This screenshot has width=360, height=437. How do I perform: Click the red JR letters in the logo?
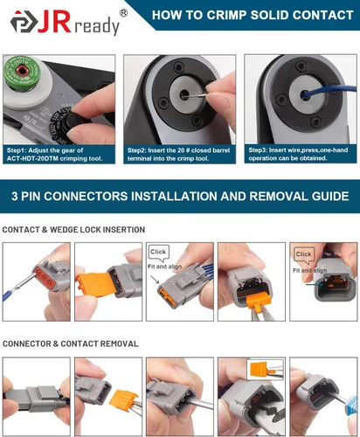point(54,22)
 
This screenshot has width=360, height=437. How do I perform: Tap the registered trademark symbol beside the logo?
point(123,13)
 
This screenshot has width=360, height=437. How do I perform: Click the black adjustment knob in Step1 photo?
point(75,121)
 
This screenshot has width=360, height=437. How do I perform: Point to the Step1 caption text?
point(54,155)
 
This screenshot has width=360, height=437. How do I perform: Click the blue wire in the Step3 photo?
point(329,90)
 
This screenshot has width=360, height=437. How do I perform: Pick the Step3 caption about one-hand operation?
point(298,154)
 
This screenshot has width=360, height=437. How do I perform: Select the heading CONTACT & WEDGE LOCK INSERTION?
point(73,230)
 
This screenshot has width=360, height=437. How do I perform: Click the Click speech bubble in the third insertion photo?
point(158,253)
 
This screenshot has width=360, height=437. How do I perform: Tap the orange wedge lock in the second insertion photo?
point(93,285)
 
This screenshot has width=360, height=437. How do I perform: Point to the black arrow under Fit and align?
point(155,280)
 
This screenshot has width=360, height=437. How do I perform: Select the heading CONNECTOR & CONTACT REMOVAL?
point(71,343)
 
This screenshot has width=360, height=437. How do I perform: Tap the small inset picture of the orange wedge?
point(266,370)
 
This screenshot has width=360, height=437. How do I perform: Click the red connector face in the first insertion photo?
point(45,277)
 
